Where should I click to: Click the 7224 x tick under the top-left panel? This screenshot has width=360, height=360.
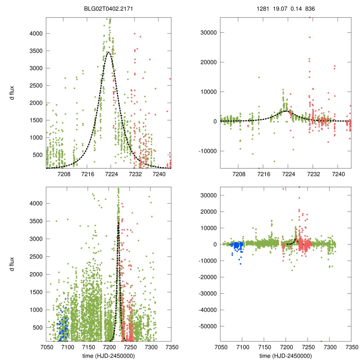[111, 174]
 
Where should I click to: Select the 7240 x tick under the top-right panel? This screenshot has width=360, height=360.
[337, 174]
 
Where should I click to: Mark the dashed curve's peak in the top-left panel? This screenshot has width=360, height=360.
[109, 52]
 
